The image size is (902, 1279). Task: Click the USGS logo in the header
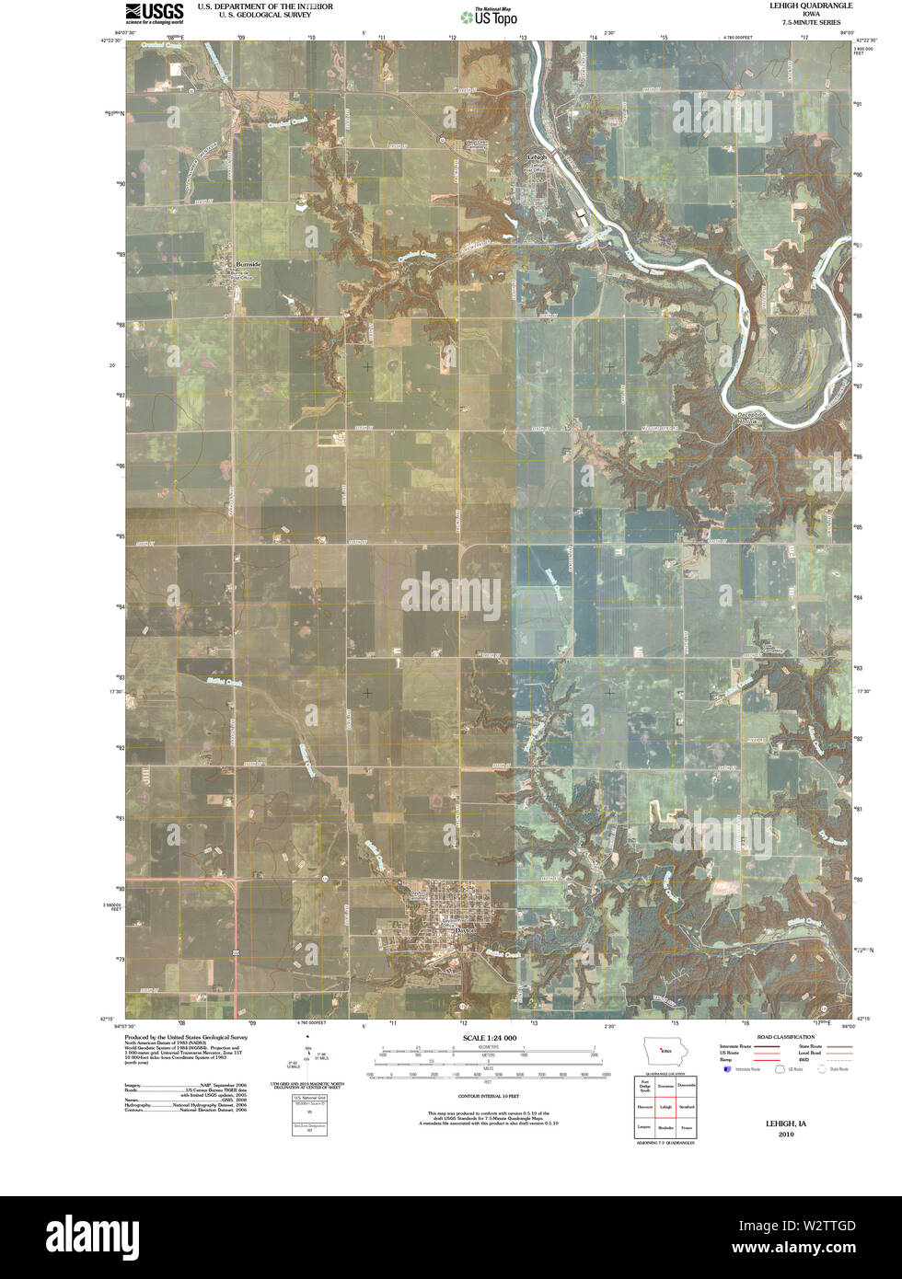tap(154, 11)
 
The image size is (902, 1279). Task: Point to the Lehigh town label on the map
tap(537, 157)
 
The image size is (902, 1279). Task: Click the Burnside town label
tap(248, 264)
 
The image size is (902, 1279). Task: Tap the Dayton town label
tap(466, 930)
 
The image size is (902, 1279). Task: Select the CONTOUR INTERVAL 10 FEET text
tap(488, 1097)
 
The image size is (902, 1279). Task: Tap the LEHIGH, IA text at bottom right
tap(785, 1123)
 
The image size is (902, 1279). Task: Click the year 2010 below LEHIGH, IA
tap(785, 1134)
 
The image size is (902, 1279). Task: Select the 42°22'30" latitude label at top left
tap(112, 40)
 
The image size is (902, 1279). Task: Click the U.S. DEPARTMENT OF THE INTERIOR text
tap(265, 6)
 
